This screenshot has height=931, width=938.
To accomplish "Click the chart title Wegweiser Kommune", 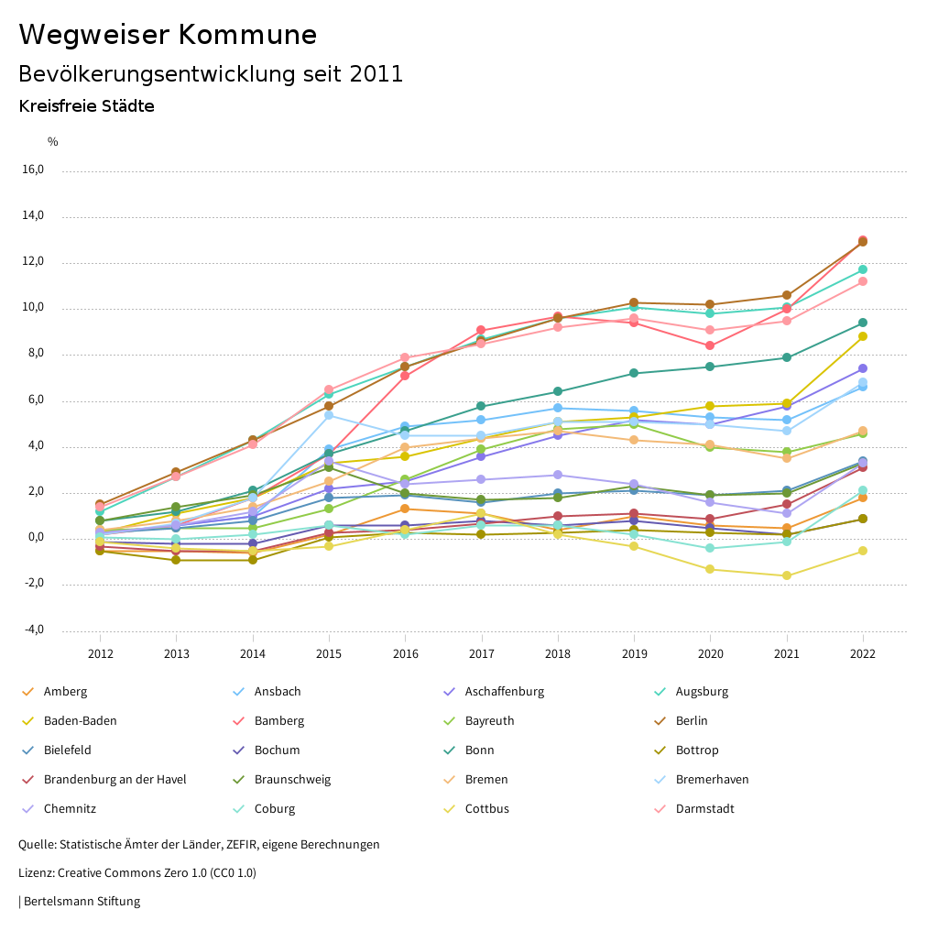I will (x=168, y=35).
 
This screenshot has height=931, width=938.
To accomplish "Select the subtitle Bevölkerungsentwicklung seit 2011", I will (x=211, y=74).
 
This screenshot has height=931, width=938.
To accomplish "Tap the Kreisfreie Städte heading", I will (x=86, y=106).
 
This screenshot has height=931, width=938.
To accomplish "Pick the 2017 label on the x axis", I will (x=482, y=653).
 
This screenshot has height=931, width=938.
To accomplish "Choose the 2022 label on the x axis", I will (x=863, y=653).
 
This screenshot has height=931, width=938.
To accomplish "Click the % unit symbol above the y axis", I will (x=52, y=141).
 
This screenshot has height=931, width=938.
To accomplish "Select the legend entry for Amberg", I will (x=65, y=692).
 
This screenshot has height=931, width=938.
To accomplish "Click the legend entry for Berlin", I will (x=692, y=721).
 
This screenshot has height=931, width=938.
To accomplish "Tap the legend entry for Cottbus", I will (x=486, y=809).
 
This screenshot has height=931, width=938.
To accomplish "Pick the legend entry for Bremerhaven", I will (x=712, y=780).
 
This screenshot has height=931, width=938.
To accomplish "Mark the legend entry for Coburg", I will (x=274, y=809).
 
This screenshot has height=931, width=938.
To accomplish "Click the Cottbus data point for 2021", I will (x=786, y=575).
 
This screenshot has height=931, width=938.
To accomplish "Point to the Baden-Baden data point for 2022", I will (x=863, y=336).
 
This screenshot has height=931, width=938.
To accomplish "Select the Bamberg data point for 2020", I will (x=710, y=345).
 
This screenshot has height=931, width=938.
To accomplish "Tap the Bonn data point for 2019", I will (x=634, y=373).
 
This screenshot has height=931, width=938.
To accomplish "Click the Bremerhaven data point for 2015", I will (x=329, y=415).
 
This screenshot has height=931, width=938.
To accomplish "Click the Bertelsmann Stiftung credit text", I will (x=81, y=902).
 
